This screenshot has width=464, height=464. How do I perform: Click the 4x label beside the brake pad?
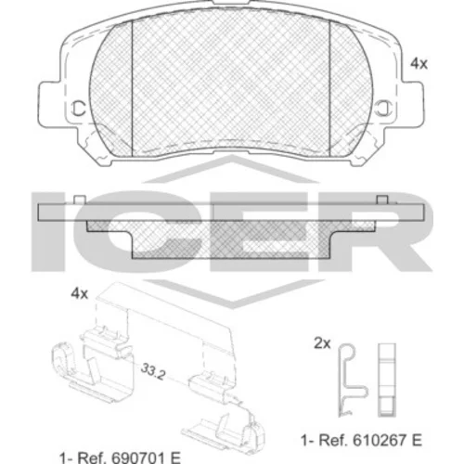pyautogui.click(x=419, y=64)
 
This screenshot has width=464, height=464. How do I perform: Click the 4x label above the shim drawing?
pyautogui.click(x=80, y=293)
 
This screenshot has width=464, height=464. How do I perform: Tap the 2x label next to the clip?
pyautogui.click(x=322, y=343)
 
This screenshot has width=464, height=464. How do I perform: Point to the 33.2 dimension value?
pyautogui.click(x=153, y=371)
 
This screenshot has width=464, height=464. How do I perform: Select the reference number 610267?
pyautogui.click(x=380, y=440)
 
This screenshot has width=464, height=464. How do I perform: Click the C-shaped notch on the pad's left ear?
pyautogui.click(x=79, y=109)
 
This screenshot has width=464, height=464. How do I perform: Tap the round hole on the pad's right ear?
pyautogui.click(x=383, y=109)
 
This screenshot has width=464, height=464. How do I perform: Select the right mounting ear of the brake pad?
pyautogui.click(x=410, y=105)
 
